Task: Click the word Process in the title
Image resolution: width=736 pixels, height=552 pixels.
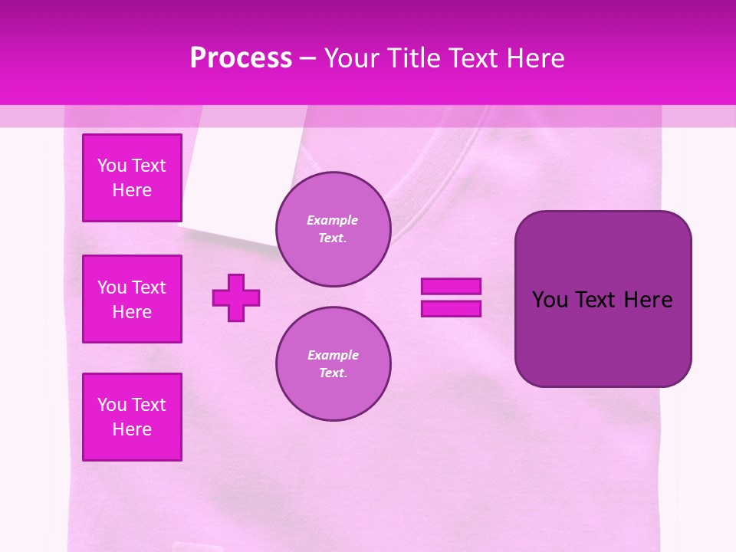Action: (241, 58)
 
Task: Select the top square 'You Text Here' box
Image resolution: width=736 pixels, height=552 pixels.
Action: (132, 178)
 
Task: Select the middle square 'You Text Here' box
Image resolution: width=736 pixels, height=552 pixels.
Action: (132, 299)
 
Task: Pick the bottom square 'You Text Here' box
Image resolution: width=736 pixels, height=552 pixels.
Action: (132, 417)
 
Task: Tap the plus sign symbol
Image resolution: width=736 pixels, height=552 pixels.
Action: (236, 297)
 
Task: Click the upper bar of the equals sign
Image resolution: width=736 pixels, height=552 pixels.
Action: (451, 286)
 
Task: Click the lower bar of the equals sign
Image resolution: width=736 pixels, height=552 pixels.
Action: (451, 308)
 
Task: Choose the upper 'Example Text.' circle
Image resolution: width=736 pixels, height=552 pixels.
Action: (333, 229)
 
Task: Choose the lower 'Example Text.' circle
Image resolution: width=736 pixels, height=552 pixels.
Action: (333, 364)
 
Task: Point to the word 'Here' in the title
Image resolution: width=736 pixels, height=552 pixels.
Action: (535, 58)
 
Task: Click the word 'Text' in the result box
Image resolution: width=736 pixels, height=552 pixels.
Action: (596, 300)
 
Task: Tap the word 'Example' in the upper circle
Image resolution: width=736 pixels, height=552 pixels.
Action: (332, 220)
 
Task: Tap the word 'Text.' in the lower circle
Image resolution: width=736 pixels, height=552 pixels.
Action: (333, 373)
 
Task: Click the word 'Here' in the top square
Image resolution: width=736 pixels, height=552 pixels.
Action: (132, 190)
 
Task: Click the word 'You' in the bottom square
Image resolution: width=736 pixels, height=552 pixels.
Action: (112, 405)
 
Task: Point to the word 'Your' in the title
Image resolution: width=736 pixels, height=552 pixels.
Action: (350, 58)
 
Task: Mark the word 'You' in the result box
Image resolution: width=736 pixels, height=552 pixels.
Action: (550, 300)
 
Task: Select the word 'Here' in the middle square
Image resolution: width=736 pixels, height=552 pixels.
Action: (132, 312)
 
